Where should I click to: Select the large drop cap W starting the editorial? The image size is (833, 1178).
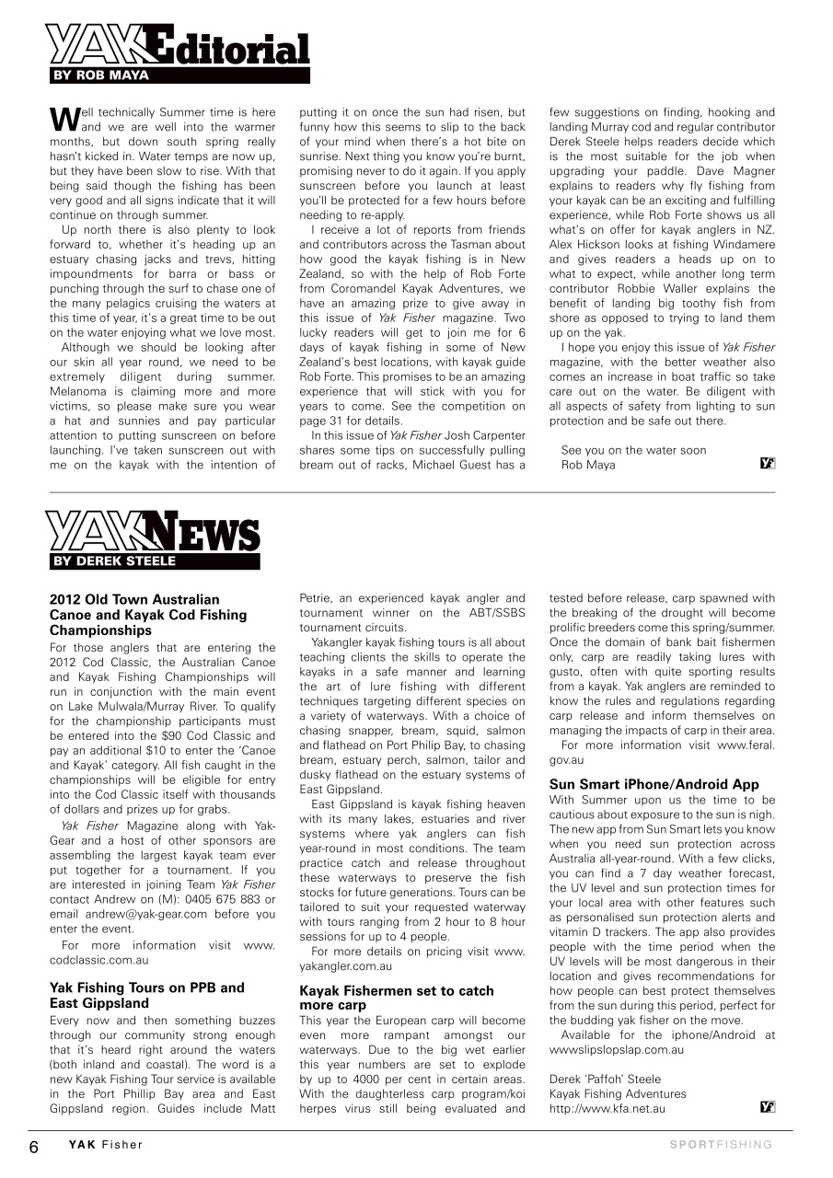coord(60,119)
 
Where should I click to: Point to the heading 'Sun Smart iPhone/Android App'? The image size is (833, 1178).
coord(654,785)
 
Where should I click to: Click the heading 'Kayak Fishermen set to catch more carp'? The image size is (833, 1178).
coord(397,999)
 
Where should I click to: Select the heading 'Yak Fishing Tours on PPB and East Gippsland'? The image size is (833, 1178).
coord(147,995)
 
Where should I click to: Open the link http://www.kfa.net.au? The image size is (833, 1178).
coord(607,1109)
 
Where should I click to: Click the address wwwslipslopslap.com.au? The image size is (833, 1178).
coord(616,1049)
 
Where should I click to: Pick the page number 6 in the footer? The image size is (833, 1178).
coord(34,1147)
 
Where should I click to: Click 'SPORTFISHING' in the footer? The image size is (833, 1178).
coord(721,1146)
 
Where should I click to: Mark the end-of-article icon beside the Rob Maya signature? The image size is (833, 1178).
coord(768,464)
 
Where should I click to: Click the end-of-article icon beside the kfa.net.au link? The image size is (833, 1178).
coord(768,1106)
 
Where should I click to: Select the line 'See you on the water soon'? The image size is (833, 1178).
coord(633,450)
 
